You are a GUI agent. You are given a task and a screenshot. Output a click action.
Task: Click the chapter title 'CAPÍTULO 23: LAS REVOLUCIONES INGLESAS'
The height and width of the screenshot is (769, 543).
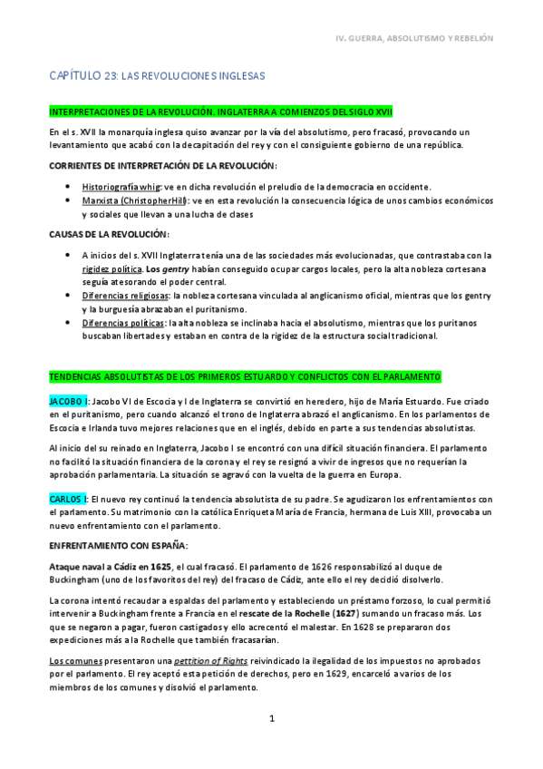[x=157, y=78]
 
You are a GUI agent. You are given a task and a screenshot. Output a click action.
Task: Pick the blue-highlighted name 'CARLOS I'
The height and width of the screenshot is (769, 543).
[x=69, y=499]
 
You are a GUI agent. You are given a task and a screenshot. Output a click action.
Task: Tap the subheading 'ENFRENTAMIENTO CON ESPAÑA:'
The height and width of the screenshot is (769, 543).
[x=118, y=545]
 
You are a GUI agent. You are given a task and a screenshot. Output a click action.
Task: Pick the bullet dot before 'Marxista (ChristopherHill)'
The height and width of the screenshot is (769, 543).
[x=70, y=200]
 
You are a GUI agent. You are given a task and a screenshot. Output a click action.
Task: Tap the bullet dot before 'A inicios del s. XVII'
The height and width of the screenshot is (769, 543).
[x=70, y=257]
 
